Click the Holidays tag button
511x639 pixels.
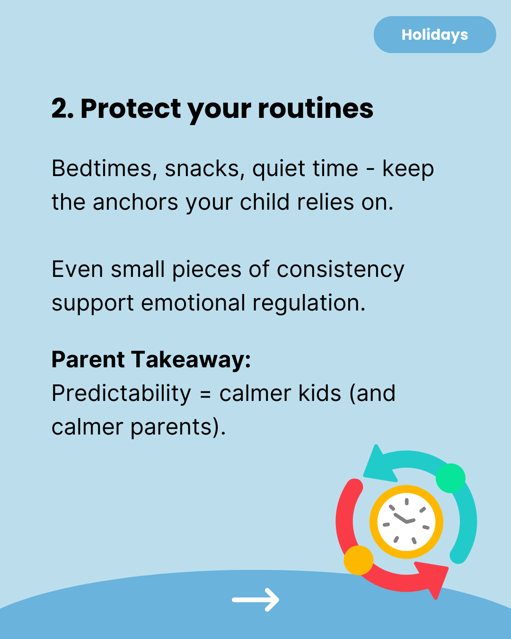coord(435,35)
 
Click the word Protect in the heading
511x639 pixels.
coord(131,109)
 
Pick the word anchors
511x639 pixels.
coord(135,202)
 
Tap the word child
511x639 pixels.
coord(264,202)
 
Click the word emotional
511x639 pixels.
coord(193,303)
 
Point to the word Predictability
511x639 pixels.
coord(121,394)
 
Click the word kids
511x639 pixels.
coord(319,393)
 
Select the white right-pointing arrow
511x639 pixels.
coord(255,600)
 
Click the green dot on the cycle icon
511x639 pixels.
coord(450,478)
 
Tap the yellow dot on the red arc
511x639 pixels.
coord(358,560)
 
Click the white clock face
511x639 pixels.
coord(406,522)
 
